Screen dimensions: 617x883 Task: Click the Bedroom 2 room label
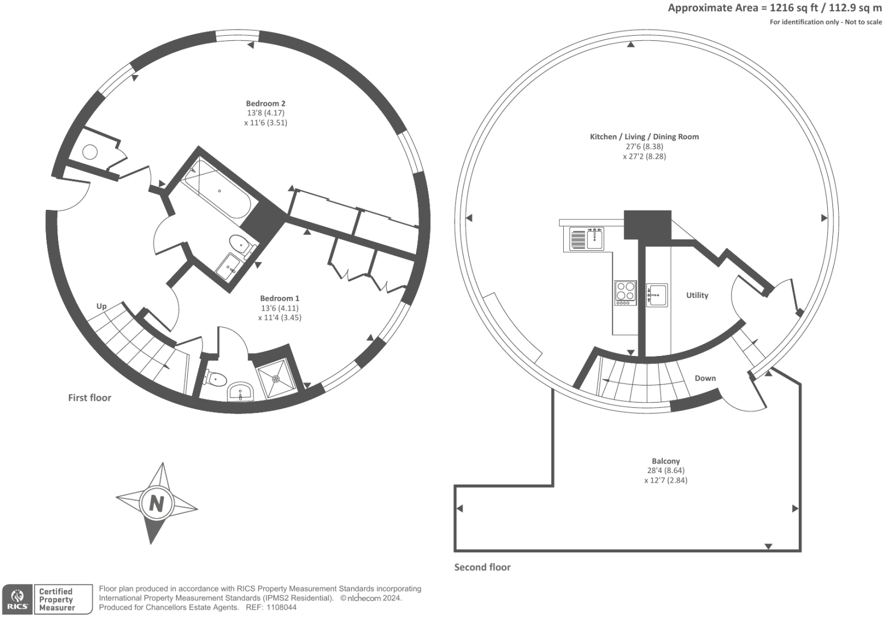click(x=266, y=103)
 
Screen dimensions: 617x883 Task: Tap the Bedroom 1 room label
click(x=279, y=299)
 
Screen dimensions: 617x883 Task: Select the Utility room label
click(x=697, y=295)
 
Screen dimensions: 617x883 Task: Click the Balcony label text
click(x=665, y=461)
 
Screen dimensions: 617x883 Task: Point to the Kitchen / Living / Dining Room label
click(x=644, y=136)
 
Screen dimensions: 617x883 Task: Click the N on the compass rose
click(x=156, y=503)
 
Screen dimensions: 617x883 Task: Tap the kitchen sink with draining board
click(x=587, y=239)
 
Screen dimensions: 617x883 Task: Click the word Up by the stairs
click(x=101, y=306)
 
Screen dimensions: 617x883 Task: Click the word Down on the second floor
click(x=705, y=378)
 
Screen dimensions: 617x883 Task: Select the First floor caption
click(x=89, y=397)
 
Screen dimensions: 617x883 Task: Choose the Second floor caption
click(x=482, y=567)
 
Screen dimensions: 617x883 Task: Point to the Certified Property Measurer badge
click(x=63, y=600)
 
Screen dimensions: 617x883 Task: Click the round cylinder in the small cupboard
click(x=90, y=152)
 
